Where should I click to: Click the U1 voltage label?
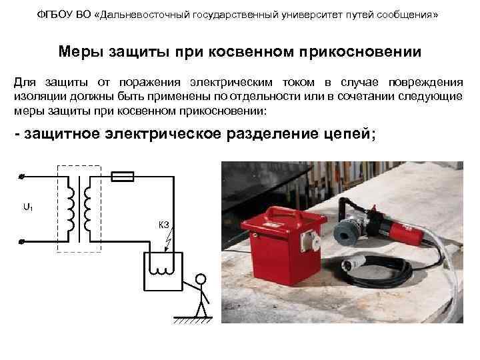pyautogui.click(x=27, y=207)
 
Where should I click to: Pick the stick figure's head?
pyautogui.click(x=200, y=279)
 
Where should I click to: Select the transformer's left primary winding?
pyautogui.click(x=70, y=209)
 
